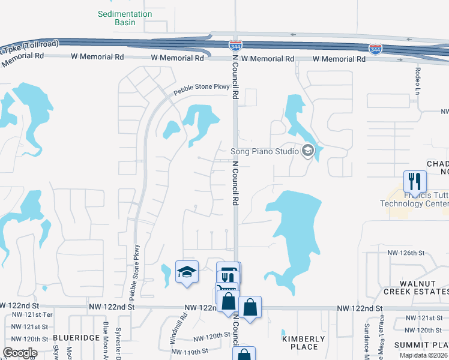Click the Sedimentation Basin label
(x=125, y=18)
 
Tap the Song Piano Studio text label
(x=265, y=151)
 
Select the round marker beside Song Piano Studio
(x=308, y=151)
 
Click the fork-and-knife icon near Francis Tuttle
(x=415, y=181)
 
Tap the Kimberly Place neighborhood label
(x=300, y=343)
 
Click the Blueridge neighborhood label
(x=76, y=338)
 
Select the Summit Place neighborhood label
(x=421, y=345)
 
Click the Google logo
(x=19, y=353)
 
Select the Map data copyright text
(x=423, y=355)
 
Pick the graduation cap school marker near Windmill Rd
(x=187, y=272)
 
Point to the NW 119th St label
(x=188, y=352)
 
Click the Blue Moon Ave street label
(x=106, y=342)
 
